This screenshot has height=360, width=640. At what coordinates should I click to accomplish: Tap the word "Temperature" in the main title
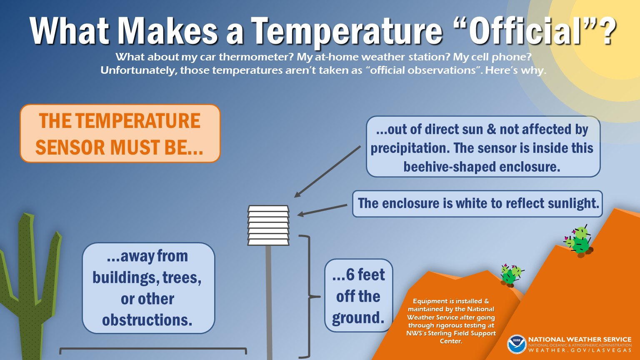(346, 31)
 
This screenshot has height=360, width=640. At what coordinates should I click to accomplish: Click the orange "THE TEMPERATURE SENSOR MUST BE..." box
(120, 133)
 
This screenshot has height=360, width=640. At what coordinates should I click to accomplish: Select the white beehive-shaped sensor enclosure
(268, 225)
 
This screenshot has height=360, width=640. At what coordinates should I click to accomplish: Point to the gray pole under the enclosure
(269, 300)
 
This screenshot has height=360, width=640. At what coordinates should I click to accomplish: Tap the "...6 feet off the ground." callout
(358, 296)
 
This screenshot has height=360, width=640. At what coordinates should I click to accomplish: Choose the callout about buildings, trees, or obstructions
(148, 288)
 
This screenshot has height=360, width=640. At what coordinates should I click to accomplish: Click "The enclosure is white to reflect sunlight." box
(477, 203)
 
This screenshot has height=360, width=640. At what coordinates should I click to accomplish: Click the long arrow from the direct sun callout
(327, 171)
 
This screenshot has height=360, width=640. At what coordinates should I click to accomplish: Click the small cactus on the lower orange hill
(510, 275)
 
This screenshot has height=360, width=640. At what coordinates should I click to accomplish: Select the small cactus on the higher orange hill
(579, 242)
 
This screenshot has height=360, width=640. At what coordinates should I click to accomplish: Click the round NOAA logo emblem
(517, 344)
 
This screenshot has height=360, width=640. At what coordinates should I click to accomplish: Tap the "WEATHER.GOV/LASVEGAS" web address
(580, 350)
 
